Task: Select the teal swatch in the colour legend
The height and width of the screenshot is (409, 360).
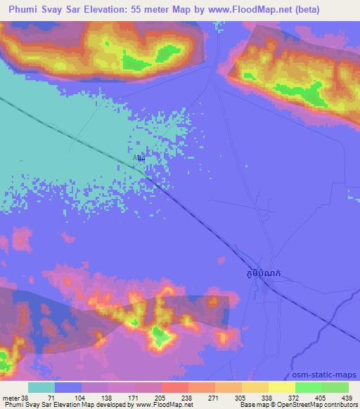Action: click(x=41, y=388)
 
